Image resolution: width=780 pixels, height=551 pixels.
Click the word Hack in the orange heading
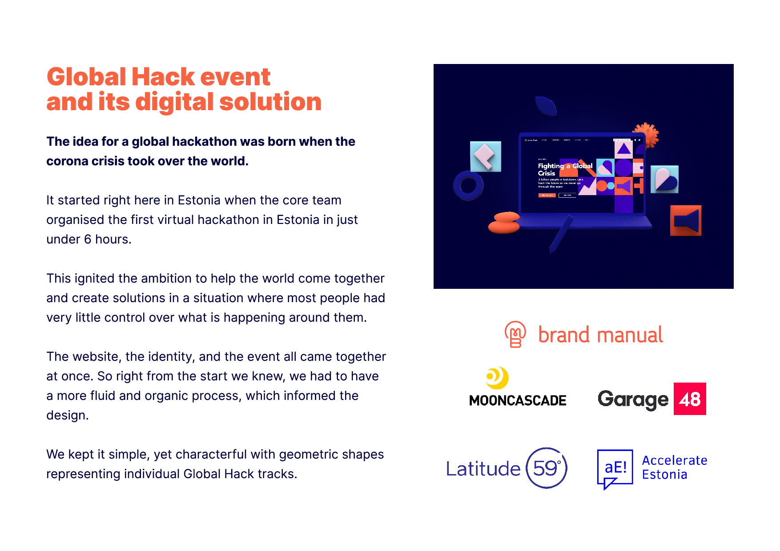point(163,77)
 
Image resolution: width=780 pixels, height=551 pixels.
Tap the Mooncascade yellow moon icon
point(498,377)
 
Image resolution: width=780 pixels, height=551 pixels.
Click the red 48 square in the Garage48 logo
point(689,399)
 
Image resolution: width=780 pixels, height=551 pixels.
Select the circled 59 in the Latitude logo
point(546,468)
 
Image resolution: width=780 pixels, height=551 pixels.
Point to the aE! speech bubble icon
point(615,468)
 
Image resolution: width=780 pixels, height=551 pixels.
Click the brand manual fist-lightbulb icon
point(515,334)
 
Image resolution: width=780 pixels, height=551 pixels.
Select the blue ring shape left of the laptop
point(468,185)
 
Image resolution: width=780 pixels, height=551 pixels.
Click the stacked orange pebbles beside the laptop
point(504,222)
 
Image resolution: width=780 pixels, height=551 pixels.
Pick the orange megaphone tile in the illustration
point(685,220)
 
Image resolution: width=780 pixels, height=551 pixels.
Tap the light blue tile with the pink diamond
point(486,156)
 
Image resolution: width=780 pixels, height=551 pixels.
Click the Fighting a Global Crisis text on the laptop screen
point(564,169)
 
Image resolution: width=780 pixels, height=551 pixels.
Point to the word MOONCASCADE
point(518,401)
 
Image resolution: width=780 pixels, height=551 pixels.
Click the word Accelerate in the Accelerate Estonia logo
point(674,460)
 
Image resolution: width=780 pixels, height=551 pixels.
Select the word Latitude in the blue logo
point(483,469)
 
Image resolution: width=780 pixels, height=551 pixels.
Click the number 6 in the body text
point(88,240)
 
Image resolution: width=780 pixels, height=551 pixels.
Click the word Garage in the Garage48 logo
point(633,399)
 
